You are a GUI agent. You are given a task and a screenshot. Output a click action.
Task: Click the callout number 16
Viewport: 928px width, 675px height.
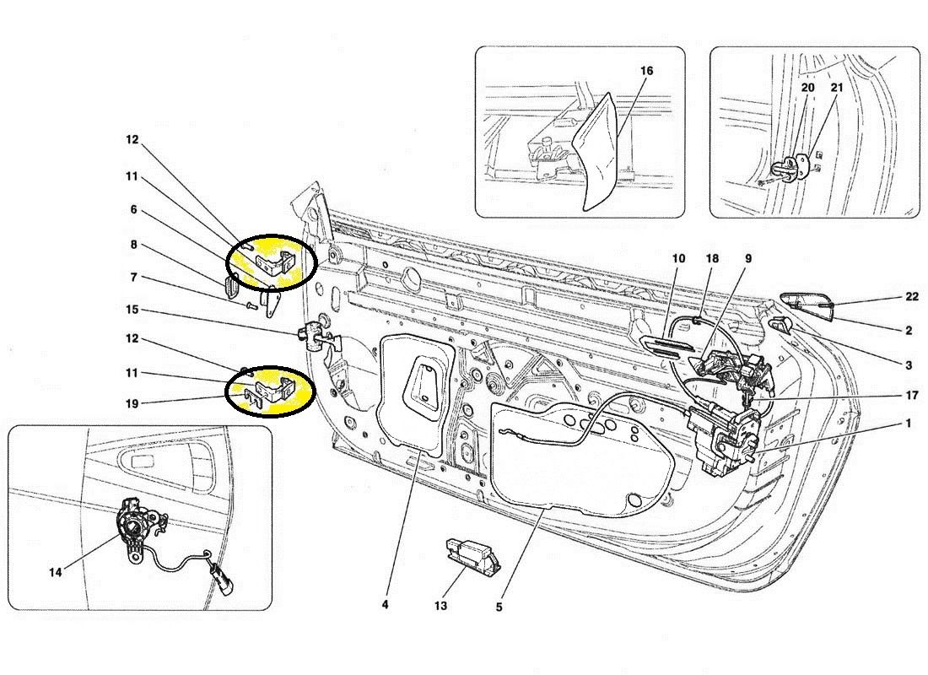pyautogui.click(x=646, y=71)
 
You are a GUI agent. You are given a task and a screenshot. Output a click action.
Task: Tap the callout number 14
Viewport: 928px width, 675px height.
pyautogui.click(x=56, y=572)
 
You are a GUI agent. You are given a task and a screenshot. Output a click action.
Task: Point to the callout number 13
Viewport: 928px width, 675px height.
pyautogui.click(x=441, y=606)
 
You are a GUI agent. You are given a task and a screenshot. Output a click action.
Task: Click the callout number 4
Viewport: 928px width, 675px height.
pyautogui.click(x=385, y=604)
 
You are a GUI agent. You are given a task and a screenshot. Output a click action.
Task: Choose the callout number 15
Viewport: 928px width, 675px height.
pyautogui.click(x=132, y=310)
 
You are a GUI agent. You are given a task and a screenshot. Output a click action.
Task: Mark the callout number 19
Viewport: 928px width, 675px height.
pyautogui.click(x=132, y=402)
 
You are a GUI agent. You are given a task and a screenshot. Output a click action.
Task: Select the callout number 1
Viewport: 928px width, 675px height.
pyautogui.click(x=908, y=424)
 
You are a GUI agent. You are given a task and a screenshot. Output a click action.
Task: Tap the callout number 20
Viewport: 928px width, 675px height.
pyautogui.click(x=807, y=87)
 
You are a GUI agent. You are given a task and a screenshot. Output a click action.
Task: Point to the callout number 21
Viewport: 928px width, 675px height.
pyautogui.click(x=836, y=87)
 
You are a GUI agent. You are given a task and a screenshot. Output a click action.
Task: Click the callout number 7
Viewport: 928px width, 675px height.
pyautogui.click(x=132, y=277)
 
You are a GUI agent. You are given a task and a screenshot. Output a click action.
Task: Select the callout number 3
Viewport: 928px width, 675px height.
pyautogui.click(x=908, y=365)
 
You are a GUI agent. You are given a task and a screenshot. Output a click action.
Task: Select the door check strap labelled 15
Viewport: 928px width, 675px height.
pyautogui.click(x=317, y=336)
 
